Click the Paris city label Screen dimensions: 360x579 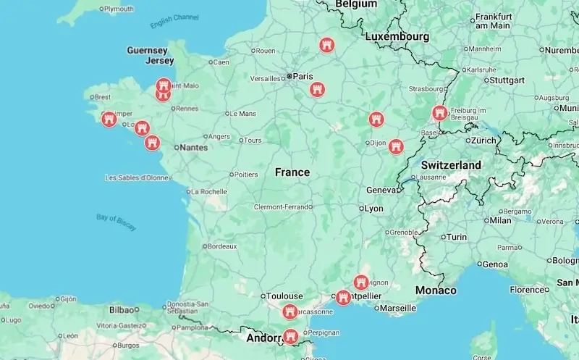coord(303,76)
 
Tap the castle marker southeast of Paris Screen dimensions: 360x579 coord(317,90)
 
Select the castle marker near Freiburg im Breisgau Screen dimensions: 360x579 coord(439,113)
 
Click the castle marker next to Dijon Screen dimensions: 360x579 coord(395,146)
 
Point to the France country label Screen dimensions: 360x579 coord(292,172)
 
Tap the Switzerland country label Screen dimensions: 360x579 coord(451,165)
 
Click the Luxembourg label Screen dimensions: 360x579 coord(397,36)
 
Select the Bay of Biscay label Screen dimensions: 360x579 coord(116,222)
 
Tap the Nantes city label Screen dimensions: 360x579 coord(193,148)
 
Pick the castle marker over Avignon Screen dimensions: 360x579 coord(361,282)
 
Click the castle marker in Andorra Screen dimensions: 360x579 coord(290,336)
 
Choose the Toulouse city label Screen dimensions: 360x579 coord(284,296)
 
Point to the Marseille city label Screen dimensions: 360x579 coord(397,308)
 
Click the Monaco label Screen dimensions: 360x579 coord(436,290)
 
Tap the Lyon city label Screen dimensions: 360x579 coord(374,209)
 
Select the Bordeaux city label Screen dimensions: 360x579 coord(221,246)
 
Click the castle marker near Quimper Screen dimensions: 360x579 coord(109,119)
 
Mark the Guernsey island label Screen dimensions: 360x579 coord(147,51)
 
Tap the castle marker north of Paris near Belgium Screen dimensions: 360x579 coord(327,46)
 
